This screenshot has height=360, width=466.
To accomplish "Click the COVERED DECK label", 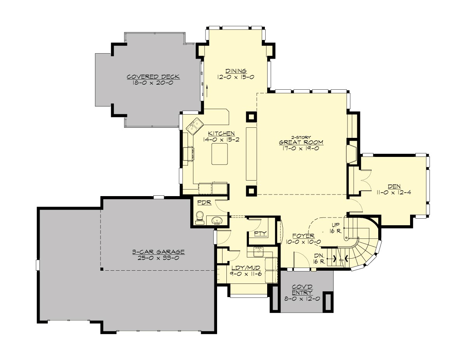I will [x=150, y=77].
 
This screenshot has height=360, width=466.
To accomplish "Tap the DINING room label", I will [x=236, y=71].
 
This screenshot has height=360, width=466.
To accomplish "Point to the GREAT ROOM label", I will [x=301, y=142].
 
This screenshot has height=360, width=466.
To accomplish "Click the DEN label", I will [x=394, y=185].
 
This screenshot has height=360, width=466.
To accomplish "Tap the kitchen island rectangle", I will [x=220, y=154].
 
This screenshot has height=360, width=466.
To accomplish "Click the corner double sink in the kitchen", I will [x=194, y=125].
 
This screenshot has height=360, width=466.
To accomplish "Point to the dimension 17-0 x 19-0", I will [x=301, y=148].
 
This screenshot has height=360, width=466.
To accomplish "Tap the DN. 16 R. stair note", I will [x=319, y=259].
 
